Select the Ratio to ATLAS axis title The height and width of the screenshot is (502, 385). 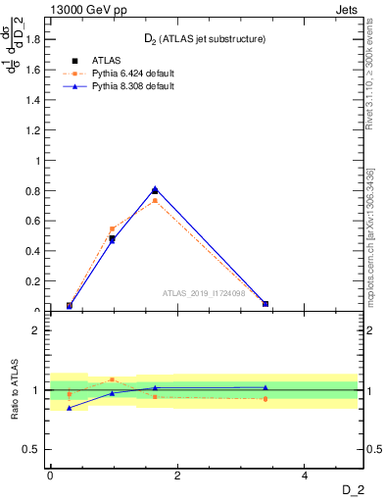coord(15,389)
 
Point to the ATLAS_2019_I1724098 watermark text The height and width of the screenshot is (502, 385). coord(207,292)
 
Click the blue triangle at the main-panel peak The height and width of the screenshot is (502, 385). coord(155,188)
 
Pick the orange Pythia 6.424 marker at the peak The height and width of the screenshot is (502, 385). coord(155,200)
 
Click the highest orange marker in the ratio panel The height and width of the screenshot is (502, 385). coord(112,378)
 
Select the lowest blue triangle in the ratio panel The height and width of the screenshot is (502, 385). coord(69,408)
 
